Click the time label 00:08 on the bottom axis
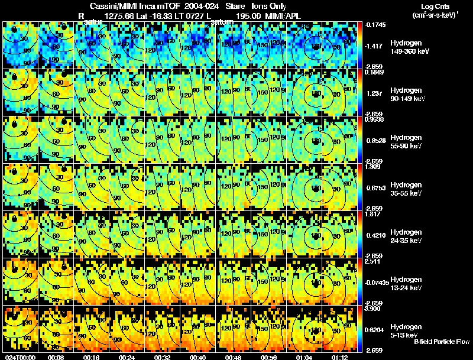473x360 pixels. [x=57, y=357]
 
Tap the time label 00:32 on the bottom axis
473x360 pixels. [x=163, y=357]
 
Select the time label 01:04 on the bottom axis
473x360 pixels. [x=305, y=357]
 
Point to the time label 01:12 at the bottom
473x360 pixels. [x=341, y=357]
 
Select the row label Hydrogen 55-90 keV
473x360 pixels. [x=406, y=142]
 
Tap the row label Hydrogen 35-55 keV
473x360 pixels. [x=406, y=189]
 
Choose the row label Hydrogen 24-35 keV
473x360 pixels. [x=406, y=236]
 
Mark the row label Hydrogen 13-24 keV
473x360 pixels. [x=406, y=284]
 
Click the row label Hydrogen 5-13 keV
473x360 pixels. [x=406, y=330]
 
